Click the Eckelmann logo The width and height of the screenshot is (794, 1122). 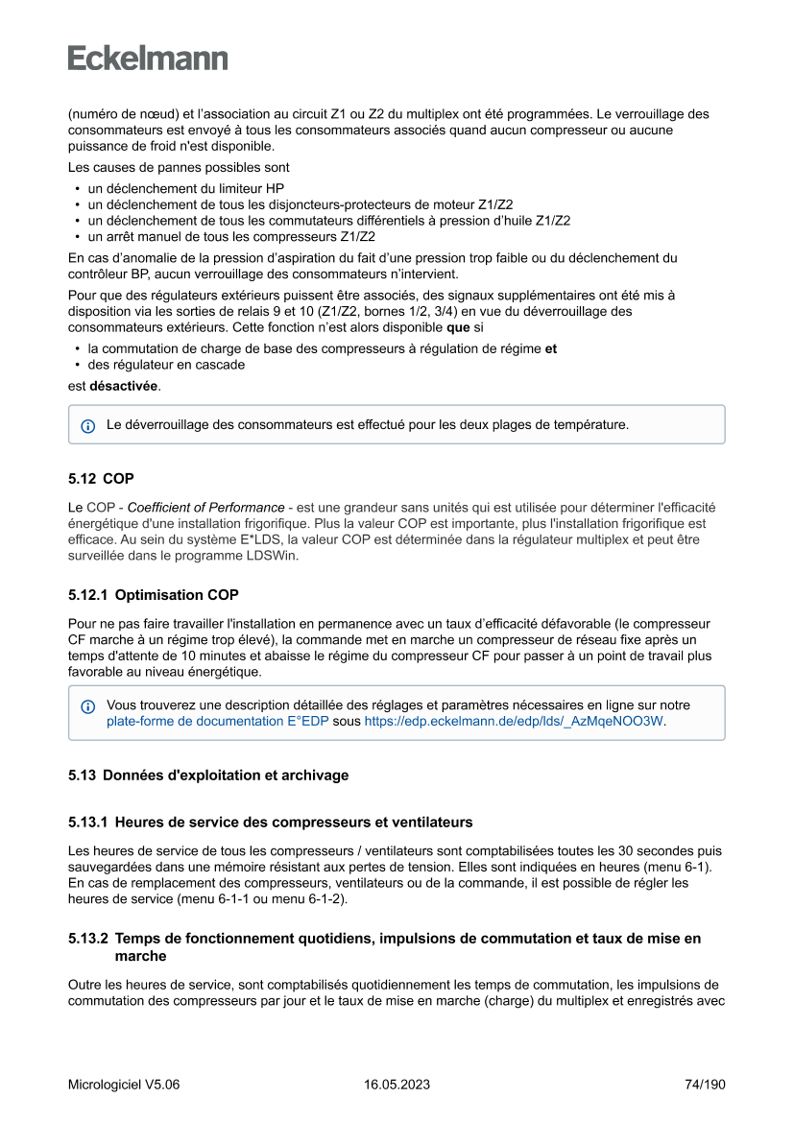[x=148, y=59]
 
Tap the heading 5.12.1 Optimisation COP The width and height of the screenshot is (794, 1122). [x=154, y=595]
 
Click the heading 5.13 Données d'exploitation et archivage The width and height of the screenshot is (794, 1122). [x=208, y=775]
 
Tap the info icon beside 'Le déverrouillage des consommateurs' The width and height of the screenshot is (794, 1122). [x=87, y=425]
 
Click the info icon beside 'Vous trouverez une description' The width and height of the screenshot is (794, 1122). [x=87, y=706]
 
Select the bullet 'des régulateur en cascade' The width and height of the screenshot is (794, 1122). [x=165, y=365]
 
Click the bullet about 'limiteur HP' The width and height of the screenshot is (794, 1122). [x=185, y=189]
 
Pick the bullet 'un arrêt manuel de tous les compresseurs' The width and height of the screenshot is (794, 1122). [x=230, y=236]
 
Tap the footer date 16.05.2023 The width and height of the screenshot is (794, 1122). [x=397, y=1085]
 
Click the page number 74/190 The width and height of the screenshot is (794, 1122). [x=705, y=1085]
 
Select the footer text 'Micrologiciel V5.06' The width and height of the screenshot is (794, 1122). [x=124, y=1085]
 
